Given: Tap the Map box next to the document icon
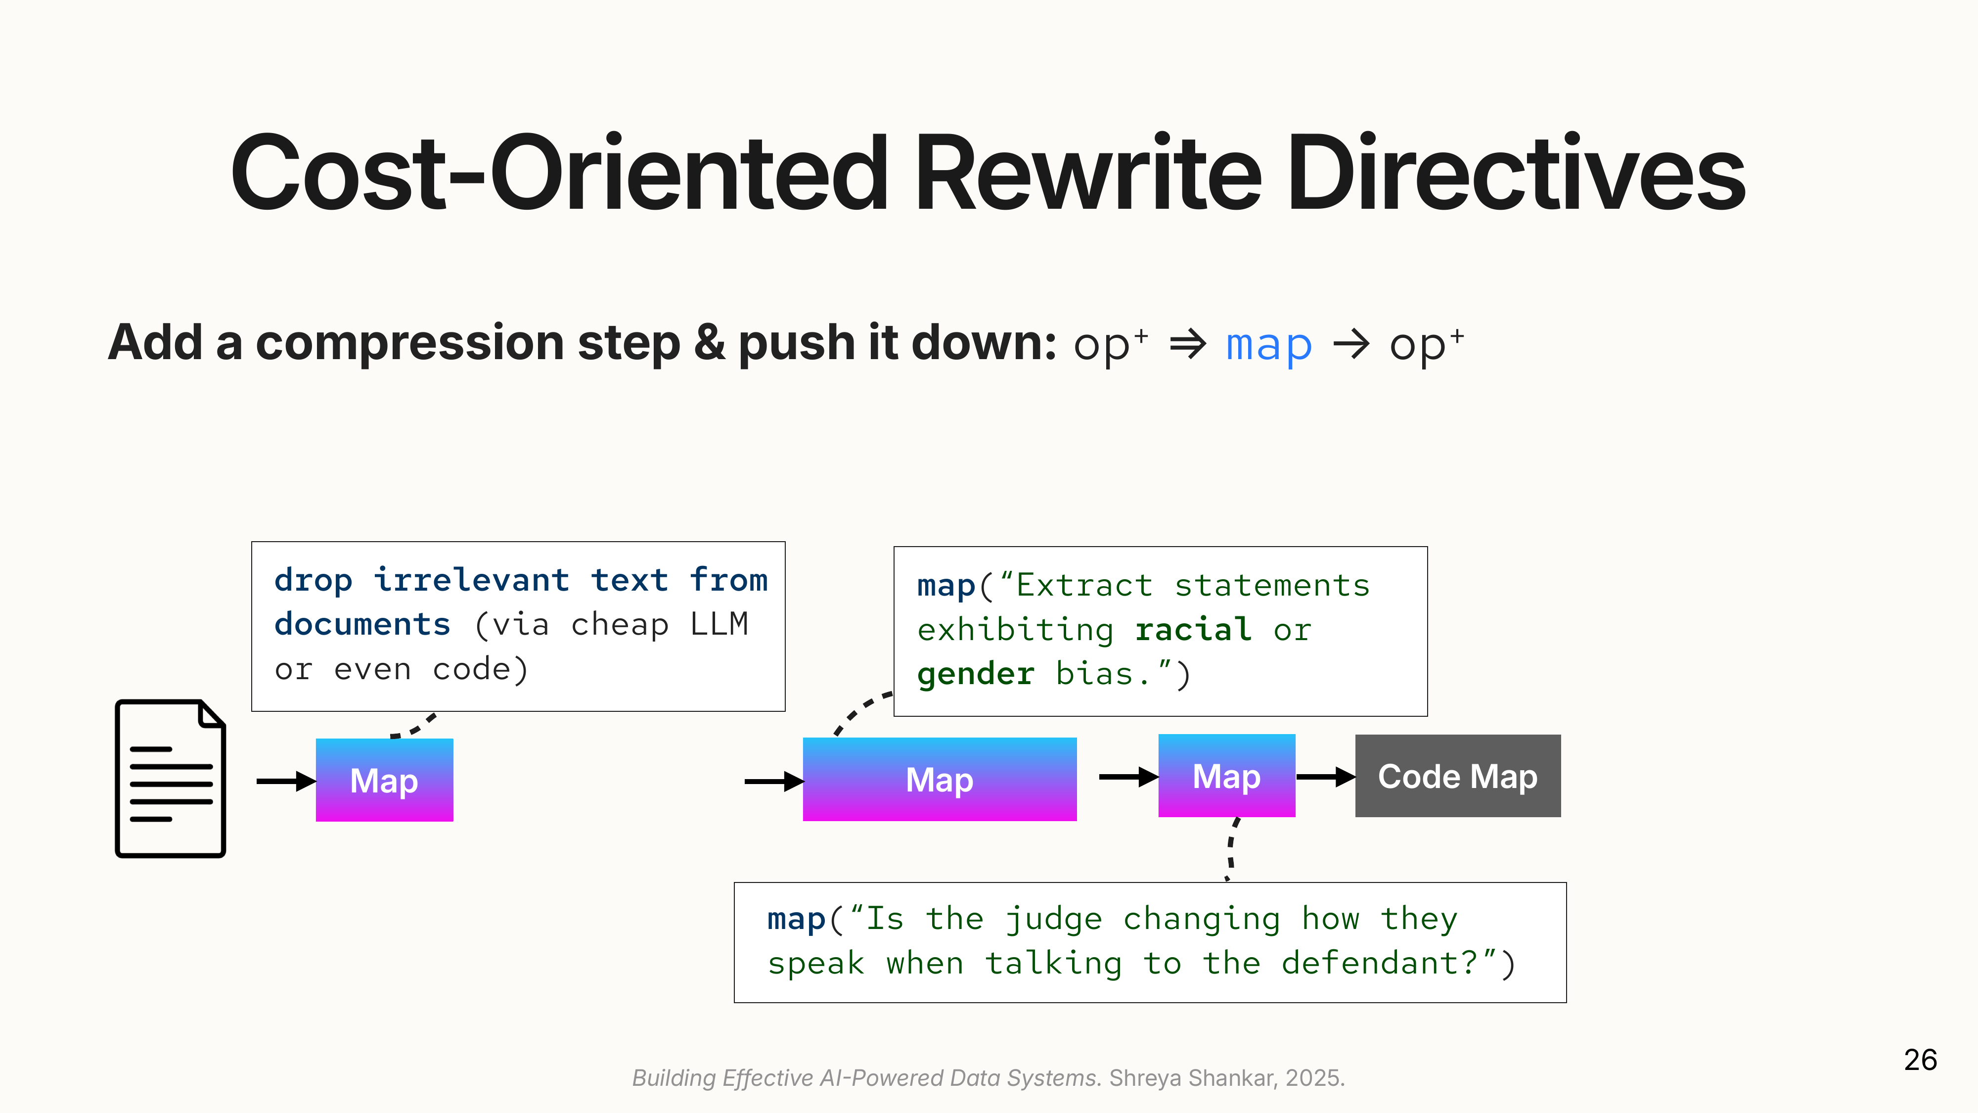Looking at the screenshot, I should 384,781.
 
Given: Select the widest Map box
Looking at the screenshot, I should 939,780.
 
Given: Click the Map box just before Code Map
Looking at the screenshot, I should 1226,776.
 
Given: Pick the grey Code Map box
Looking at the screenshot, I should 1457,776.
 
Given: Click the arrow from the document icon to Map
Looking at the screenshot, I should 285,781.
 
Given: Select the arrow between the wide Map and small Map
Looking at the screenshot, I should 1128,777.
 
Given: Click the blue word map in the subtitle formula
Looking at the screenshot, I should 1268,345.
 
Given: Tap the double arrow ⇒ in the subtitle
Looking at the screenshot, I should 1187,344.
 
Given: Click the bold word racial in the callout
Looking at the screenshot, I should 1193,630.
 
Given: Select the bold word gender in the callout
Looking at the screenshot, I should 975,674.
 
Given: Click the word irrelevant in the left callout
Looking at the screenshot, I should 471,580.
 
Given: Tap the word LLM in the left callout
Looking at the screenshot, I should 719,624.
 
